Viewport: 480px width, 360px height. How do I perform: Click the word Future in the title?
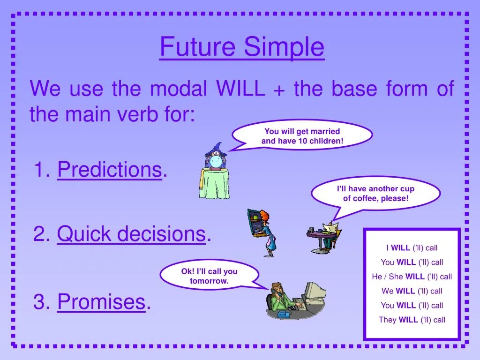[197, 46]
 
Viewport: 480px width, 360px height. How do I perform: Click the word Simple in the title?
[284, 47]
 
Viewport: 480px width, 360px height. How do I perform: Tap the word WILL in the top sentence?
[240, 88]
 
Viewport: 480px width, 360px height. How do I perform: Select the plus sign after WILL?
[279, 90]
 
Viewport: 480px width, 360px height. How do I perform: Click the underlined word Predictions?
[110, 169]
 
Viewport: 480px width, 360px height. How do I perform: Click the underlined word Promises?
[101, 301]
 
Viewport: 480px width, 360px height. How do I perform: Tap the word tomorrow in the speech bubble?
[209, 281]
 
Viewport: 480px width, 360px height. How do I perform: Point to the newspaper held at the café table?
[330, 228]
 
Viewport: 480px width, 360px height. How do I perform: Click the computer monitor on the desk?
[315, 292]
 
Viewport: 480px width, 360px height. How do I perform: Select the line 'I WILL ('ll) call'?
[412, 247]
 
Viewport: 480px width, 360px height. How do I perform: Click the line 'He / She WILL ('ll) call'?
[412, 277]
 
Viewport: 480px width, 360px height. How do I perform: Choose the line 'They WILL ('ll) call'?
[412, 320]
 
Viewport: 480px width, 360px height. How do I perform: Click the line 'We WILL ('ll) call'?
[412, 291]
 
